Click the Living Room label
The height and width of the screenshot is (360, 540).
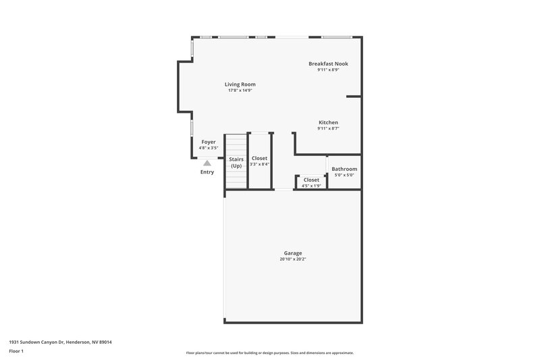click(240, 84)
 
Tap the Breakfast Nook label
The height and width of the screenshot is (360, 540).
click(328, 63)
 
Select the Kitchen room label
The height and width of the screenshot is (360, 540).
click(328, 122)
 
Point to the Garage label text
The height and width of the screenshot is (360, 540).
click(292, 253)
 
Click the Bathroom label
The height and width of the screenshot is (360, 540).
click(344, 169)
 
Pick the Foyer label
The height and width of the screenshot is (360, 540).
click(209, 142)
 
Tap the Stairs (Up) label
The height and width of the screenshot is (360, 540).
click(236, 162)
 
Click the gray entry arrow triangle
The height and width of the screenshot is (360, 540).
click(207, 162)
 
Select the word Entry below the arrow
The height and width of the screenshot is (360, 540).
click(207, 172)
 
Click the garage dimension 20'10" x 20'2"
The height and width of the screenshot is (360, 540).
click(292, 259)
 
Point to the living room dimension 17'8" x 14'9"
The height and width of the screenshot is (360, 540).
click(240, 91)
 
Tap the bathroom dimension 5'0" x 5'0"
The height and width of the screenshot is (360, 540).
click(344, 176)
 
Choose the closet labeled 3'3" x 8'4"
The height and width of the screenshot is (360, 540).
click(259, 164)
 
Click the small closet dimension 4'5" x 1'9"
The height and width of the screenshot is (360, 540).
click(311, 185)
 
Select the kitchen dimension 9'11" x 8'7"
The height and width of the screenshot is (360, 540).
click(328, 128)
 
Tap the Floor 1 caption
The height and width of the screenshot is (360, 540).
click(17, 351)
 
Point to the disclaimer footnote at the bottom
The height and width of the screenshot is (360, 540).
click(269, 353)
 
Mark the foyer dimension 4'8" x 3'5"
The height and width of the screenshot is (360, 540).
click(209, 148)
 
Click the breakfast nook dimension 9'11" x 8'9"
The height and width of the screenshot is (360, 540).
click(328, 70)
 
